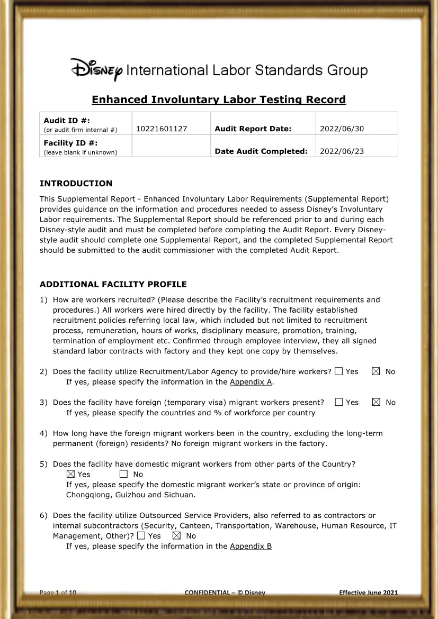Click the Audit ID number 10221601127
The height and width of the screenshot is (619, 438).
(162, 129)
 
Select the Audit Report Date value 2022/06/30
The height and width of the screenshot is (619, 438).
(342, 129)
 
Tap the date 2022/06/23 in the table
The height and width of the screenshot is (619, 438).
(342, 151)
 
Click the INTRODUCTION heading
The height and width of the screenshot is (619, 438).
(76, 184)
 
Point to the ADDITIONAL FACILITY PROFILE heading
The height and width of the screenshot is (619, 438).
(113, 284)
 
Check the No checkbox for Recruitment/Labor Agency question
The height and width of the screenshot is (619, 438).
(376, 371)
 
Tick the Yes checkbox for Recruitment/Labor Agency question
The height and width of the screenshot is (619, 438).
(338, 371)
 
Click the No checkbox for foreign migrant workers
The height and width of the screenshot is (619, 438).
(376, 402)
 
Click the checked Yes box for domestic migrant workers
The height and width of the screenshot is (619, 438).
(70, 474)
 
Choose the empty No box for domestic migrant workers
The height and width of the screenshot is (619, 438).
(123, 474)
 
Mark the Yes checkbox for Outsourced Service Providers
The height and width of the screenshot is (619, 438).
(141, 535)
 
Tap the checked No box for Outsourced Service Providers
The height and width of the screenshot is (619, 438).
(177, 535)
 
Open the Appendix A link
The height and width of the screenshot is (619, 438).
(251, 381)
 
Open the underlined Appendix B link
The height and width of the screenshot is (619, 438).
(251, 546)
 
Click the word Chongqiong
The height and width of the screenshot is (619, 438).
(87, 495)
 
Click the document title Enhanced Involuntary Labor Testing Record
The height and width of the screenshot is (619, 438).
(219, 99)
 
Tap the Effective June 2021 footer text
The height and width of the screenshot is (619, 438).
(368, 593)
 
